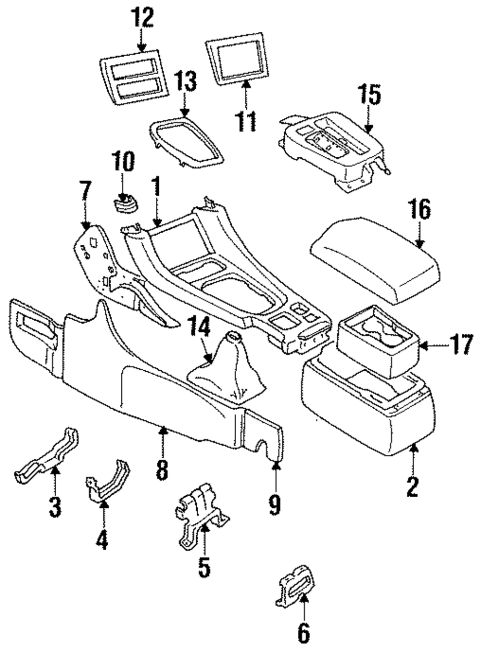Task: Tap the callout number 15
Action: point(369,94)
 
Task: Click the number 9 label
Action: point(275,505)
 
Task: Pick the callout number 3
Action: point(55,507)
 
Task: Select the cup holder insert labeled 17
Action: point(379,341)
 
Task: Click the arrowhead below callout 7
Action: point(86,225)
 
